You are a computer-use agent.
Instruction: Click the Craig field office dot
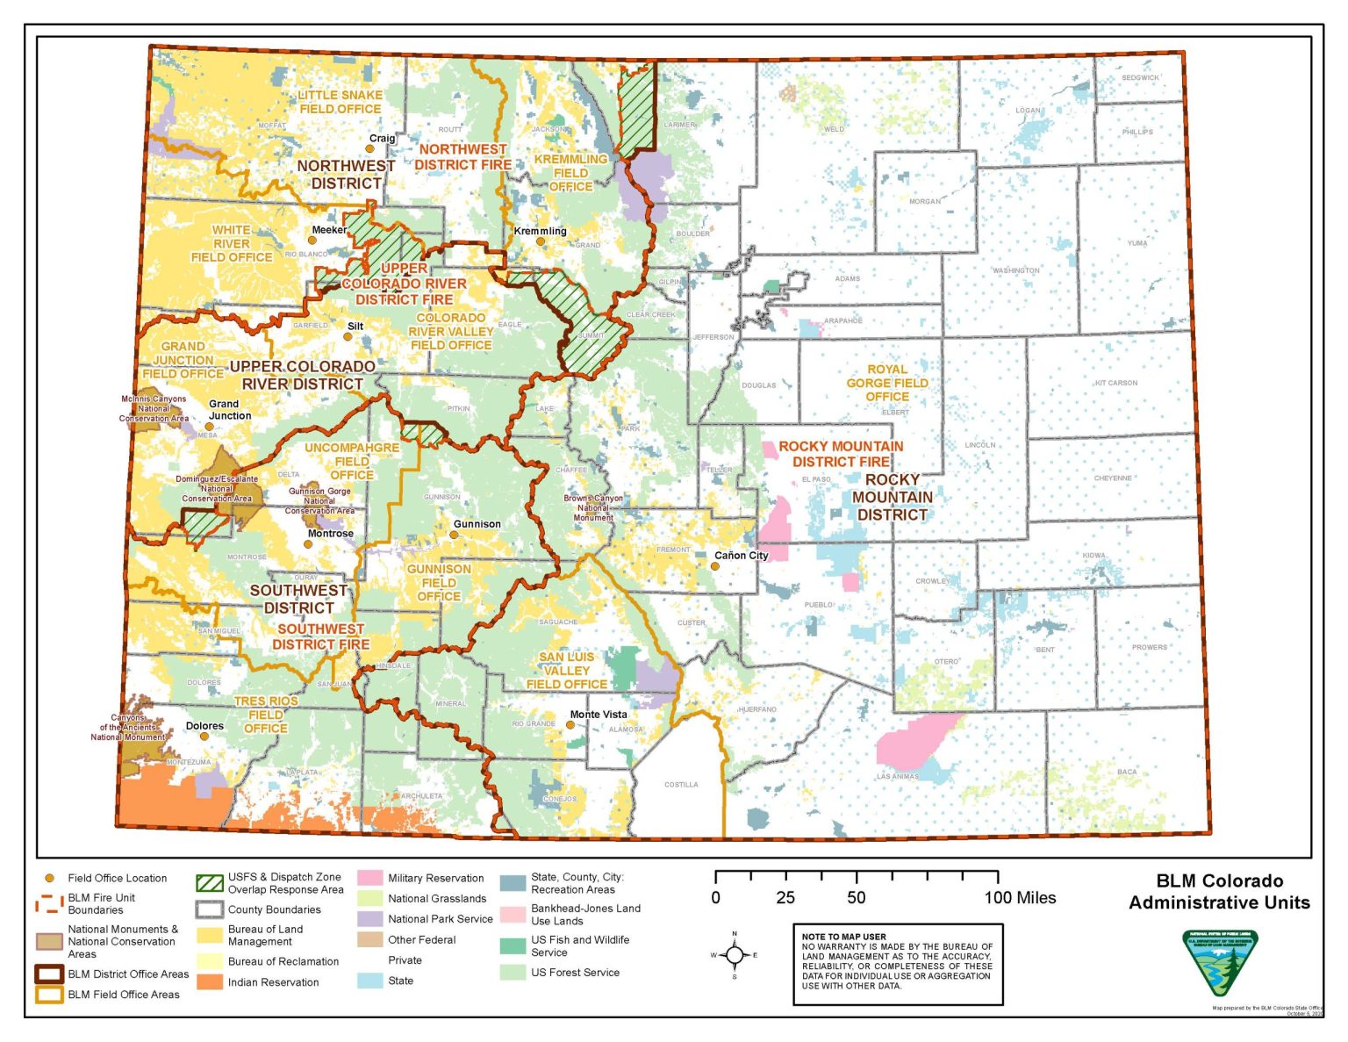(370, 148)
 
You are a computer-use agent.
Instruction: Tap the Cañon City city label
(741, 555)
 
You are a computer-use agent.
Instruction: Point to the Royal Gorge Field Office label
(886, 383)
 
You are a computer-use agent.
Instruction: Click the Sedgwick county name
(1140, 78)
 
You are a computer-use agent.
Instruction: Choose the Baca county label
(1127, 773)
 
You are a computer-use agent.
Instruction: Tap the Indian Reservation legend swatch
(210, 982)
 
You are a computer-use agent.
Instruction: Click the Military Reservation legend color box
(369, 878)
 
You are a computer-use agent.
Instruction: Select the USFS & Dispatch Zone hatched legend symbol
(210, 883)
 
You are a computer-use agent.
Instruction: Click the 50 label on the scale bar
(856, 897)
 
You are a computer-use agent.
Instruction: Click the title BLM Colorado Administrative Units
(1219, 892)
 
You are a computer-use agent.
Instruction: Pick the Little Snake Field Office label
(340, 102)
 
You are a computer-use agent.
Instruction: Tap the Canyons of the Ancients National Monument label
(129, 728)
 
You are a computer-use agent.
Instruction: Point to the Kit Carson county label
(1115, 383)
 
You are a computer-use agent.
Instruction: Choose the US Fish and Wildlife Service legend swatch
(513, 946)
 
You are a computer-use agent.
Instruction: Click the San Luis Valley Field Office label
(566, 671)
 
